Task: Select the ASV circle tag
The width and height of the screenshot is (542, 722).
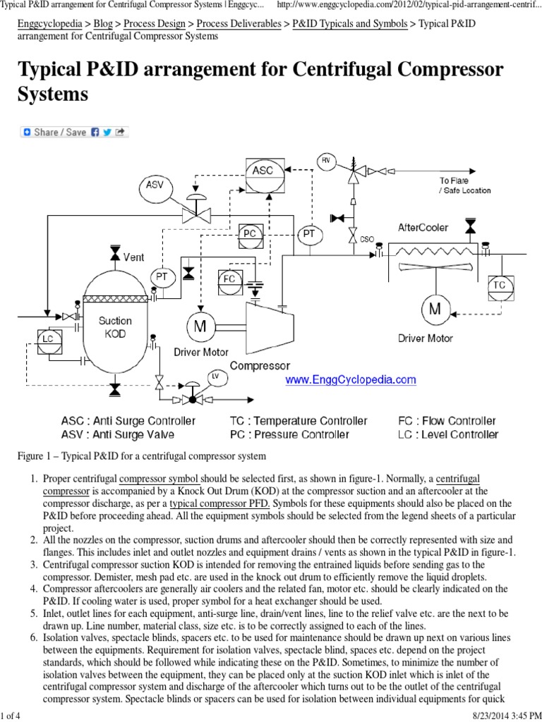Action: click(155, 185)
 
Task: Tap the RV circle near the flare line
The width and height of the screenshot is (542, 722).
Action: click(325, 161)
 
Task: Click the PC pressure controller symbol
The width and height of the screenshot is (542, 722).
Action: click(250, 234)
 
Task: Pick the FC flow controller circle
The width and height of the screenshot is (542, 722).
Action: click(229, 279)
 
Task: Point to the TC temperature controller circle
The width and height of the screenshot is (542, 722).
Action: click(500, 285)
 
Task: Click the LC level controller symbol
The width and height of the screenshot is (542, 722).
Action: click(48, 338)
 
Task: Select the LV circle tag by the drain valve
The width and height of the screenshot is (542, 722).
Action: click(216, 377)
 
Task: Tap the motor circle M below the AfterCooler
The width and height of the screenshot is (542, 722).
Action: click(435, 309)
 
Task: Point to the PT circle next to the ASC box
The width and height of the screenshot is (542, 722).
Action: click(309, 233)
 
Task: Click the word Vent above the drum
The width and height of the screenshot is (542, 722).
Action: click(133, 257)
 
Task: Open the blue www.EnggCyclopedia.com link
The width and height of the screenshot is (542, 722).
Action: click(350, 380)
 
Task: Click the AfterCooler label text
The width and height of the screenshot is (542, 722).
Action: click(423, 228)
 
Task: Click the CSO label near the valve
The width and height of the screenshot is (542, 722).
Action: click(367, 239)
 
